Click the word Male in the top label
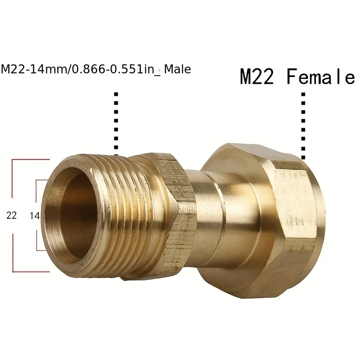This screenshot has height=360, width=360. click(x=178, y=69)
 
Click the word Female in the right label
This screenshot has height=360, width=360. click(x=321, y=77)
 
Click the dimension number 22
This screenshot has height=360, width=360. click(x=12, y=216)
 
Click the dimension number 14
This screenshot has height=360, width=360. click(x=35, y=216)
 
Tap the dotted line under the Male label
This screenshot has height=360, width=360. click(x=117, y=121)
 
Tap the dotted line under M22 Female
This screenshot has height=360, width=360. click(x=303, y=126)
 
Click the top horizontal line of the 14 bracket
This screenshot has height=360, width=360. click(x=41, y=180)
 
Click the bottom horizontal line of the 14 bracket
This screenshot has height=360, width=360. click(x=41, y=250)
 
